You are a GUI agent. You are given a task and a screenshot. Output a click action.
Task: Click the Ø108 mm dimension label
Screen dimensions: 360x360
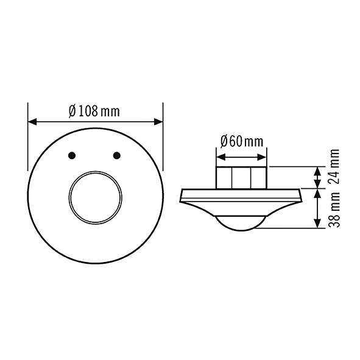coord(94,111)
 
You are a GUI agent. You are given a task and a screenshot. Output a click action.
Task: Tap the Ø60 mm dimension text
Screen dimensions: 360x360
coord(242,141)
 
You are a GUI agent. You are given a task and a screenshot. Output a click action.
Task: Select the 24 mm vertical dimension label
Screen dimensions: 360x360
coord(334,166)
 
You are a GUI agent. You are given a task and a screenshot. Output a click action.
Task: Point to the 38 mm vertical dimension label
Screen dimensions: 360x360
coord(334,209)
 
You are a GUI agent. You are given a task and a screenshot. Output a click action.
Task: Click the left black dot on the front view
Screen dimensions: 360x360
coord(72,155)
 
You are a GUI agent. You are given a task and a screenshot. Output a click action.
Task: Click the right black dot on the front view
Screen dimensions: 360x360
coord(117,155)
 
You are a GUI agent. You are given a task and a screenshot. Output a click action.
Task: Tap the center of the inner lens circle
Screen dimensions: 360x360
coord(95,197)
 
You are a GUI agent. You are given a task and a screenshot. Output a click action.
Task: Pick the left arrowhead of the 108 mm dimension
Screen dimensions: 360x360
coord(32,122)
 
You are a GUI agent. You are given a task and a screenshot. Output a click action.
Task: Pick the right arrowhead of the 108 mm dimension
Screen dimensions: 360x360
coord(158,122)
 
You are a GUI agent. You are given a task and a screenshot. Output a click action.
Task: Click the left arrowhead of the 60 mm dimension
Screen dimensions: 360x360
coord(221,157)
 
